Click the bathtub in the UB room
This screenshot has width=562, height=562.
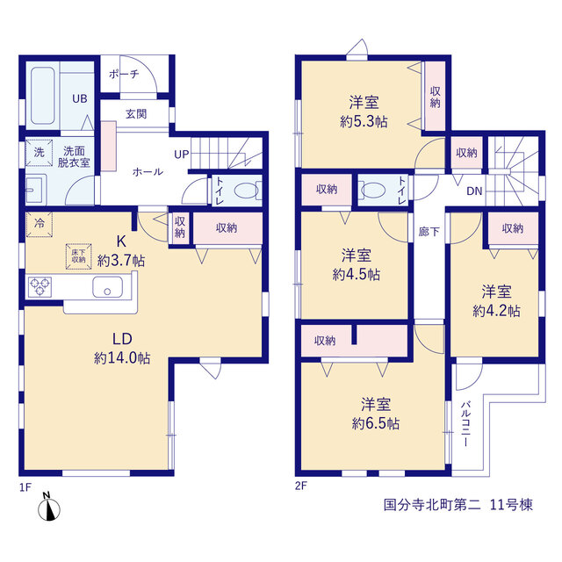pyautogui.click(x=43, y=96)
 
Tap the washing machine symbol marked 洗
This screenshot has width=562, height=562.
pyautogui.click(x=39, y=153)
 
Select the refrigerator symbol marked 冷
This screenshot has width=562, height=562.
pyautogui.click(x=39, y=224)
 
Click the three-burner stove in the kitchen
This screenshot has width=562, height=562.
pyautogui.click(x=40, y=287)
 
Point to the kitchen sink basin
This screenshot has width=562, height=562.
pyautogui.click(x=107, y=287)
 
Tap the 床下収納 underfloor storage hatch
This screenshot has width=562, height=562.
pyautogui.click(x=78, y=256)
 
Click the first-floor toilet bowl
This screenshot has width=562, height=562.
pyautogui.click(x=247, y=191)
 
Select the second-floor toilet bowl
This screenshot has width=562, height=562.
pyautogui.click(x=371, y=191)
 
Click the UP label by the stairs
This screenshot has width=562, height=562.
pyautogui.click(x=182, y=155)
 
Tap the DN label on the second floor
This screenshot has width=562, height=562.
pyautogui.click(x=474, y=191)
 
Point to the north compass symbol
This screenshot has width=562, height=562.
pyautogui.click(x=49, y=508)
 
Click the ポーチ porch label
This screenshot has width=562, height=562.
pyautogui.click(x=124, y=74)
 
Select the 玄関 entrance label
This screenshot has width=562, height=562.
pyautogui.click(x=136, y=114)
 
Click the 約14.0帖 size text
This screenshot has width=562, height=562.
pyautogui.click(x=122, y=358)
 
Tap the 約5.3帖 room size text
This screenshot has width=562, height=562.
pyautogui.click(x=364, y=122)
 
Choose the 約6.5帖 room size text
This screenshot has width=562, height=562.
pyautogui.click(x=376, y=423)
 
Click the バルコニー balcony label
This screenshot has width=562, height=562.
pyautogui.click(x=465, y=424)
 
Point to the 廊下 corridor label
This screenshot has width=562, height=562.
pyautogui.click(x=429, y=232)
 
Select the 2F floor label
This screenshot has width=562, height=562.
pyautogui.click(x=300, y=486)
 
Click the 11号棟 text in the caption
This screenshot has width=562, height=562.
pyautogui.click(x=511, y=505)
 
